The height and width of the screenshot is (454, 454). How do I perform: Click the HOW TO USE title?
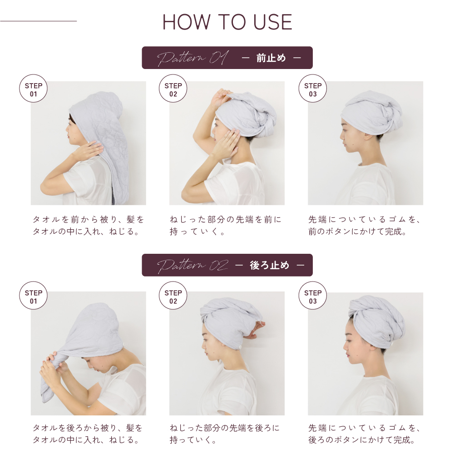(227, 22)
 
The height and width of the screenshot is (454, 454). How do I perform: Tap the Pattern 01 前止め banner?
(227, 58)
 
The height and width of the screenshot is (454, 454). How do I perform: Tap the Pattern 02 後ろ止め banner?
(227, 265)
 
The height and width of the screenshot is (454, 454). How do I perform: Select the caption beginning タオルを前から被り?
(88, 226)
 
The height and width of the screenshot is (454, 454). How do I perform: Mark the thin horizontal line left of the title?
(39, 21)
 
